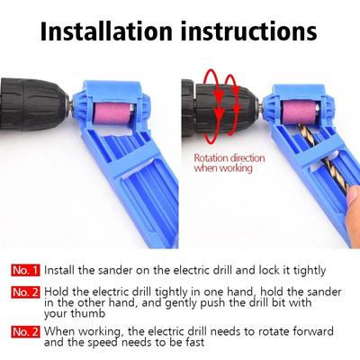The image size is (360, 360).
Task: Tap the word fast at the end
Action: click(214, 342)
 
